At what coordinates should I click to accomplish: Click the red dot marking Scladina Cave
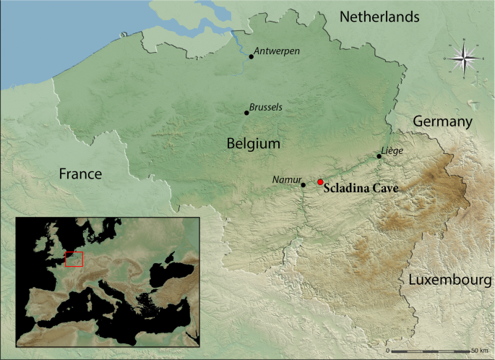click(x=320, y=182)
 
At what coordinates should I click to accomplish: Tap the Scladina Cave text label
click(x=361, y=187)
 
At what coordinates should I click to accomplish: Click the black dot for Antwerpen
click(x=251, y=56)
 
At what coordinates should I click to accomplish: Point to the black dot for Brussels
click(x=246, y=113)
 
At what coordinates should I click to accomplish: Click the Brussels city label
click(x=265, y=107)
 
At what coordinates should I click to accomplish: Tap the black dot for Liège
click(x=379, y=156)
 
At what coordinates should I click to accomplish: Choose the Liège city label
click(x=391, y=150)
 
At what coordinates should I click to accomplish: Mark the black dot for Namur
click(x=304, y=185)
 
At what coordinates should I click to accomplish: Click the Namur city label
click(x=286, y=179)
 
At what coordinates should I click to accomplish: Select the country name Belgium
click(x=253, y=143)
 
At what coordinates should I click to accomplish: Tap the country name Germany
click(x=442, y=121)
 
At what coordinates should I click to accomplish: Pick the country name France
click(x=80, y=173)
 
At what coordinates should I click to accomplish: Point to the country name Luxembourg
click(x=450, y=280)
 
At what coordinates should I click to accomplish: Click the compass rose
click(x=462, y=58)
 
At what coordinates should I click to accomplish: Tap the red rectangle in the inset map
click(x=74, y=259)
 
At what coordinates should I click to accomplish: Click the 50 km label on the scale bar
click(x=479, y=350)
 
